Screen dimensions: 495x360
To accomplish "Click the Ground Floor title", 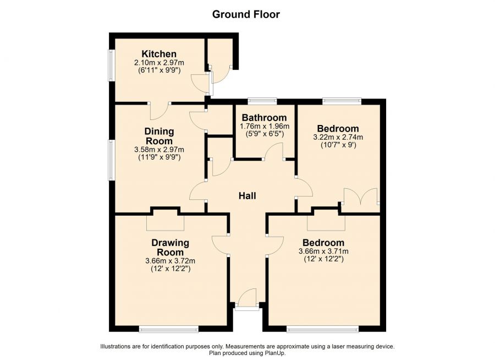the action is (x=246, y=14).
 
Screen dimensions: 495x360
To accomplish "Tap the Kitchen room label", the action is (x=159, y=54).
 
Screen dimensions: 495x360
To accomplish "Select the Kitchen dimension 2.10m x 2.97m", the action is (x=159, y=62).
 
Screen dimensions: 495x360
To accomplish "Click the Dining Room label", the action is (x=159, y=136).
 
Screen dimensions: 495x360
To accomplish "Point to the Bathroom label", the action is (x=264, y=118).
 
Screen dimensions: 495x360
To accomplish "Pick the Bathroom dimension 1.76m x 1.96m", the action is (x=265, y=126).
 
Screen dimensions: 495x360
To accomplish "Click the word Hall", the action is (x=247, y=196).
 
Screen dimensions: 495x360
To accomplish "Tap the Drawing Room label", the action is (x=170, y=248).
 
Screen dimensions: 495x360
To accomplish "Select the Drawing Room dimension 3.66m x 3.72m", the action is (x=170, y=261).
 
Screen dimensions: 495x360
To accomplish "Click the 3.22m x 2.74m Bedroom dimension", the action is (x=338, y=137).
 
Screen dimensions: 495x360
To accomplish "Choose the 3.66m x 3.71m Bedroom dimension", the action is (x=323, y=252).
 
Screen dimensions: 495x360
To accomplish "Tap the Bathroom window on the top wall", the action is (x=262, y=101).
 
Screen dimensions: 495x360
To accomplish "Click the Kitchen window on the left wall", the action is (x=112, y=65).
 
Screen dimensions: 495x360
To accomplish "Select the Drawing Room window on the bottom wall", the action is (x=169, y=330).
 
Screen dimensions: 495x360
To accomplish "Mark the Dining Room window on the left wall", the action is (x=112, y=160).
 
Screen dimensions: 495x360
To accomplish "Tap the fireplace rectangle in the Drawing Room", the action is (x=165, y=223).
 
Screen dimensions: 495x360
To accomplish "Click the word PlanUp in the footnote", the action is (x=276, y=353).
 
